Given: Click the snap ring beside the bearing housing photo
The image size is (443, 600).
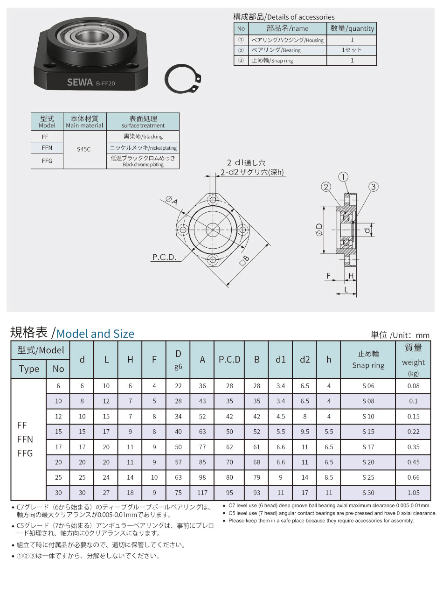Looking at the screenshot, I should [x=184, y=80].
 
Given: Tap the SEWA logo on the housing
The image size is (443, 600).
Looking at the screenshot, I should [x=80, y=83].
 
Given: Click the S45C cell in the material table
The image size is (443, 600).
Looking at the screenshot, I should [x=84, y=150].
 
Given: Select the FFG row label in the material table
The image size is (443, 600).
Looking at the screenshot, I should [x=47, y=161].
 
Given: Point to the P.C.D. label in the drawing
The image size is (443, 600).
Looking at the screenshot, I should [x=164, y=257].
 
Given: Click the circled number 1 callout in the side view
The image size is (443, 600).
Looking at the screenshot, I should [x=343, y=177].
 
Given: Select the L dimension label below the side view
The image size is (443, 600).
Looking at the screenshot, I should [x=346, y=289].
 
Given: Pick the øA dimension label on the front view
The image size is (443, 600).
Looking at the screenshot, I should [x=171, y=201].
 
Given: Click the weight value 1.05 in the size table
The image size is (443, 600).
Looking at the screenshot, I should [x=413, y=493].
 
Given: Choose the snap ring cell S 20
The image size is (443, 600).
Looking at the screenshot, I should [x=368, y=462].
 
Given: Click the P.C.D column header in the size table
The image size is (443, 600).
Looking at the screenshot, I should [x=229, y=359].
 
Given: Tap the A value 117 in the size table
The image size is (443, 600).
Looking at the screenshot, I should [x=202, y=493].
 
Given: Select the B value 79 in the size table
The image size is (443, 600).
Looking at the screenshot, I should [x=256, y=477].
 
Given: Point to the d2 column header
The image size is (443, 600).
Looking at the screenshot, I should [x=305, y=359].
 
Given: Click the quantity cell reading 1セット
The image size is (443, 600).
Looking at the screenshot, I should [x=352, y=50].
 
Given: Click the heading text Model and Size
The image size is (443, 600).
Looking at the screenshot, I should [x=95, y=334].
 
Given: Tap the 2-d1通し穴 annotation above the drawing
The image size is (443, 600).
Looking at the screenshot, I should [x=246, y=163].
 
